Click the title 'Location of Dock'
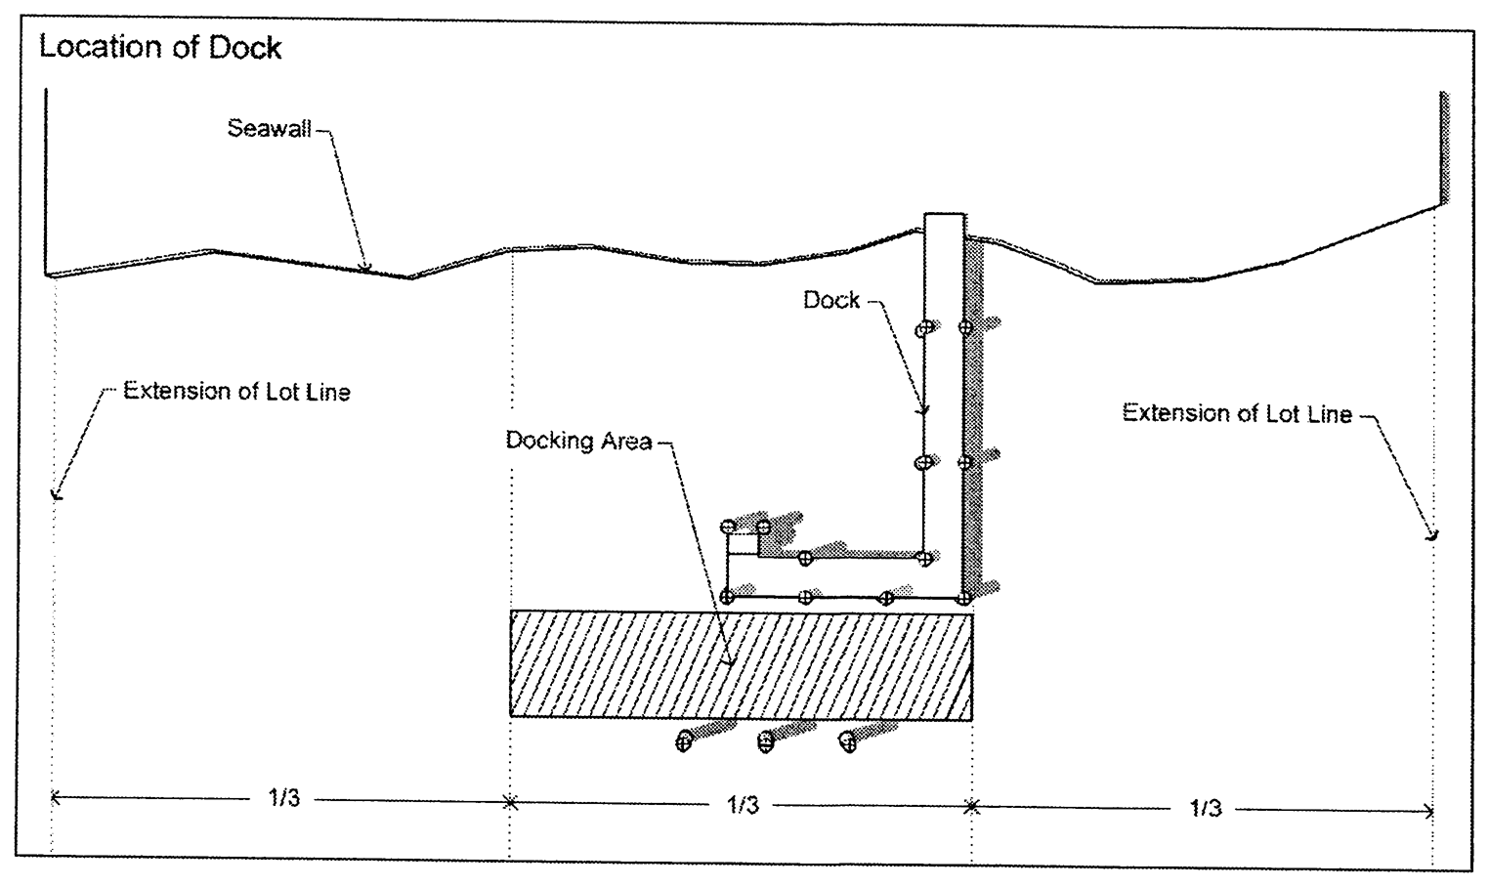[x=160, y=48]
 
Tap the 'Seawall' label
[x=269, y=128]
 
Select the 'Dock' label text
[x=830, y=300]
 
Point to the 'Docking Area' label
[x=578, y=441]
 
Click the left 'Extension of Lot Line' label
[x=236, y=392]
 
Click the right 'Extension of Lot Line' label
[x=1236, y=413]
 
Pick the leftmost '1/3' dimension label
[x=284, y=798]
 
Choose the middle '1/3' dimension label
[x=743, y=804]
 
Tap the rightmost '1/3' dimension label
[x=1205, y=808]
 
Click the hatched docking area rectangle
[x=741, y=664]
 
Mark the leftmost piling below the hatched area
[x=684, y=741]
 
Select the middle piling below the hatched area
[x=766, y=742]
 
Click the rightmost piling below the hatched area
[x=848, y=742]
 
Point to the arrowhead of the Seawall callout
[x=365, y=266]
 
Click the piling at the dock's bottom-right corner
[x=964, y=597]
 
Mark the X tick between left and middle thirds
[x=509, y=803]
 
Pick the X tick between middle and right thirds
[x=971, y=807]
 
